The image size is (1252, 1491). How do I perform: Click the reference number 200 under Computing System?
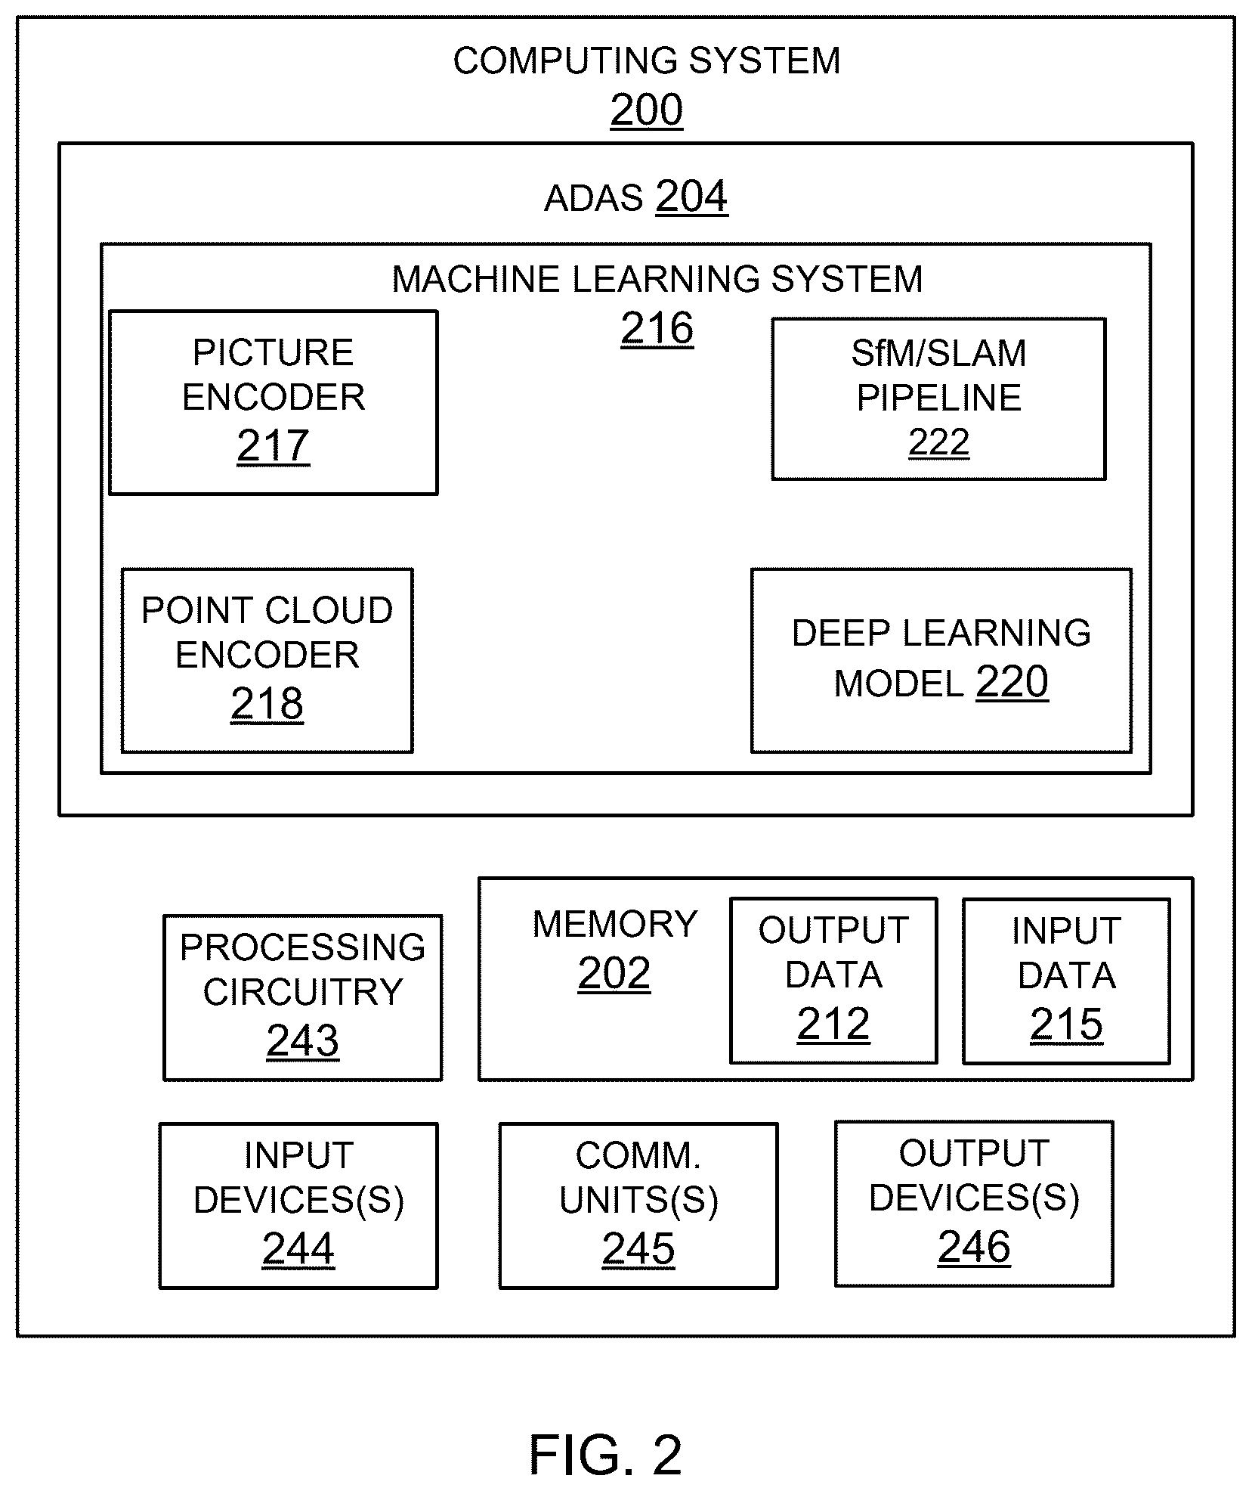coord(647,110)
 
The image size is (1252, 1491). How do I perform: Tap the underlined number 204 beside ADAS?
coord(691,197)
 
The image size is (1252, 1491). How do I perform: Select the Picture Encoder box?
coord(274,402)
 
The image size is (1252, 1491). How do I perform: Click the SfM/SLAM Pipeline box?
coord(938,398)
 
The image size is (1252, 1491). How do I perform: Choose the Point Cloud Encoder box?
coord(267,660)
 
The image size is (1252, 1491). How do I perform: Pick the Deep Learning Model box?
coord(941,660)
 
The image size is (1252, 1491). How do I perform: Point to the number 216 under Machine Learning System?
coord(657,329)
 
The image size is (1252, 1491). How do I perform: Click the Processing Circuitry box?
coord(303,997)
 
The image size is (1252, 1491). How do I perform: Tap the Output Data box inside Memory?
coord(833,981)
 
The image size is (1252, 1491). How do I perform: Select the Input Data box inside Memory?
coord(1066,981)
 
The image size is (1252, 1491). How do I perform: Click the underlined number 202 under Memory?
coord(614,974)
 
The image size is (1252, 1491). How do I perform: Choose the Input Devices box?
coord(298,1205)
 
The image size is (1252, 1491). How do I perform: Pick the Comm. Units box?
coord(638,1205)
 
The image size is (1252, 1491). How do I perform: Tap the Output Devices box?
coord(974,1204)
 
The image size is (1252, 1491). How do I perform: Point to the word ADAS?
coord(594,199)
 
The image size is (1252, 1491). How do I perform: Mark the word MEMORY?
coord(615,924)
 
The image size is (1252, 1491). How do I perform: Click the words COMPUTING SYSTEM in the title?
coord(647,61)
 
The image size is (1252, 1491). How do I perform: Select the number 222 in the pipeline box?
coord(938,442)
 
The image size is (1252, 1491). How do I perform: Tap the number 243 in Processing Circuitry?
coord(303,1040)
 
